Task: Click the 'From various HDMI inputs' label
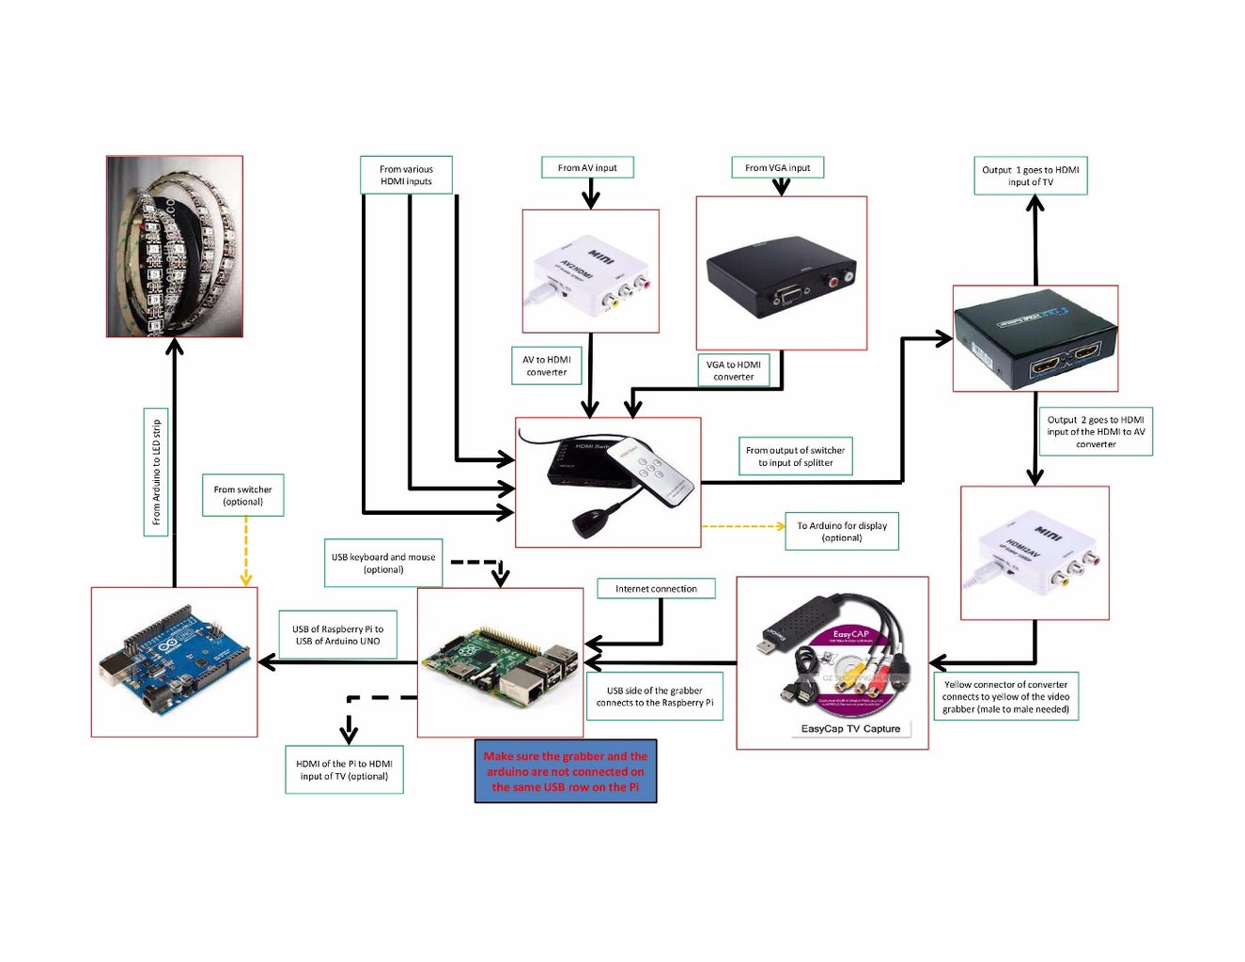[406, 176]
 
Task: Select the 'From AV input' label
[587, 168]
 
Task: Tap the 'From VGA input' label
[777, 168]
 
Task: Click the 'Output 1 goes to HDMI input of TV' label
[1030, 177]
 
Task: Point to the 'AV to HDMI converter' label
[546, 366]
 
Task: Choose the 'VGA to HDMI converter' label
[733, 371]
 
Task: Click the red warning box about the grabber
[565, 771]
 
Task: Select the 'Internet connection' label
[656, 589]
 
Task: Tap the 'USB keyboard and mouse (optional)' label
[383, 564]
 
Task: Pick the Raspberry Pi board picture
[500, 662]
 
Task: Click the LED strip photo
[175, 246]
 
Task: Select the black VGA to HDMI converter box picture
[781, 278]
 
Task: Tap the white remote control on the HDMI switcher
[651, 472]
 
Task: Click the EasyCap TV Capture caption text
[850, 729]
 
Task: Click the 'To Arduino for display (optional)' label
[842, 532]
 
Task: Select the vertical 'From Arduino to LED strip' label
[156, 472]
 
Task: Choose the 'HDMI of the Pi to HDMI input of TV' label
[344, 770]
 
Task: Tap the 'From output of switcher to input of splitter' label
[795, 457]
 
